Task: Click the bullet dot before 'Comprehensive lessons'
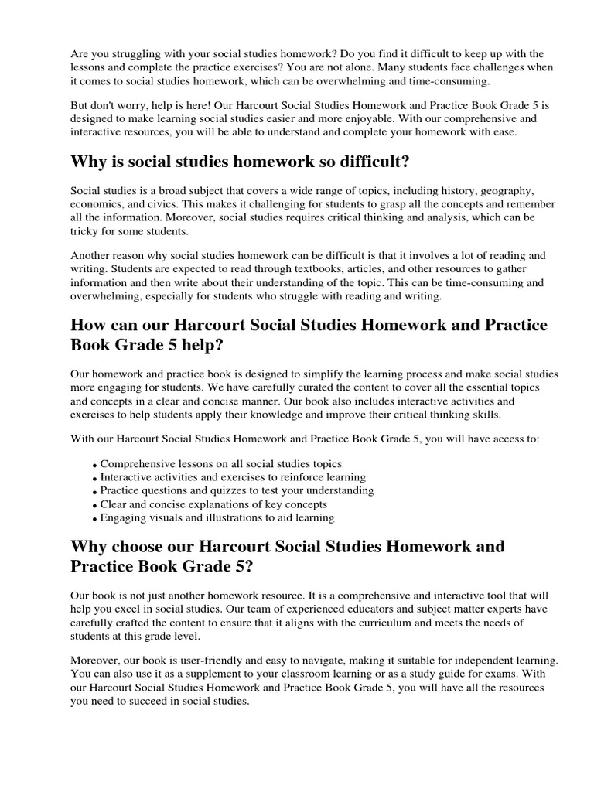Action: point(94,464)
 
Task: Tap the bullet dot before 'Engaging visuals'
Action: point(94,518)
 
